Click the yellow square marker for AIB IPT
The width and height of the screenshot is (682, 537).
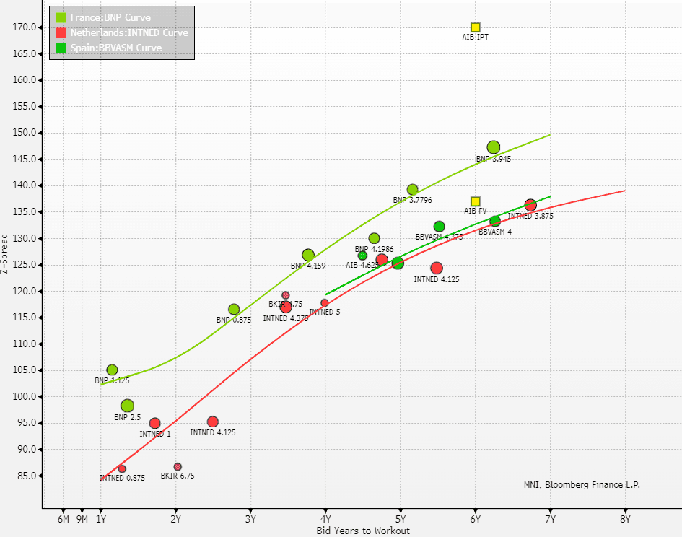coord(476,27)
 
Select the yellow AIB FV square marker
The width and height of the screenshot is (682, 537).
coord(476,201)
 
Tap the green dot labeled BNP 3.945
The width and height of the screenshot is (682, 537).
coord(494,147)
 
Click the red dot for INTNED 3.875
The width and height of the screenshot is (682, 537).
coord(530,205)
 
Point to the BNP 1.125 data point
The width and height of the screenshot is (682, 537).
coord(112,370)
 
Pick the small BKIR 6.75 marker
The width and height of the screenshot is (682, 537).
coord(178,467)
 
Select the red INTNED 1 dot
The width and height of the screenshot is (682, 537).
coord(154,423)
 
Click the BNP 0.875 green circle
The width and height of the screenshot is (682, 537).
coord(234,310)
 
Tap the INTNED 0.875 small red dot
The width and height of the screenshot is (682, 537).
coord(122,469)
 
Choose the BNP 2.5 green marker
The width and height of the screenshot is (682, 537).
coord(128,406)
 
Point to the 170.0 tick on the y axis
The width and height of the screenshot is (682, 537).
coord(26,27)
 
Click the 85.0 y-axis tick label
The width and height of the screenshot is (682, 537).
coord(27,476)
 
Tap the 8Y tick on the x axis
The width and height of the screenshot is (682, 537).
coord(625,518)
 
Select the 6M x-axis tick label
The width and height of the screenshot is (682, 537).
coord(64,518)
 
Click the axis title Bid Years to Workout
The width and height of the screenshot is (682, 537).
coord(363,531)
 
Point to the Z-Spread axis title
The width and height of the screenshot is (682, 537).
coord(5,255)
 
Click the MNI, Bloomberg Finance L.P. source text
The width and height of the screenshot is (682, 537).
coord(582,485)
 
